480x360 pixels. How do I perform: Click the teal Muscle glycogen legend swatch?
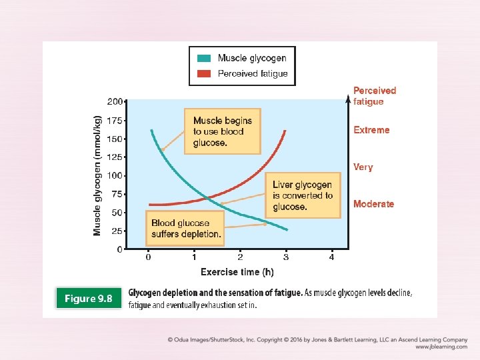click(204, 59)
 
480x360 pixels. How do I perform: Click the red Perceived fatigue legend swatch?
click(204, 73)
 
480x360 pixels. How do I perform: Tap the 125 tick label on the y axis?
click(115, 157)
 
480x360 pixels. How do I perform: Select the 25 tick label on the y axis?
click(117, 231)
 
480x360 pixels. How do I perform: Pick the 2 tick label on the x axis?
click(240, 257)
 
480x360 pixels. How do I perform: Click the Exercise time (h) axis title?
click(237, 272)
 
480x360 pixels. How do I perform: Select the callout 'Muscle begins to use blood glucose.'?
click(222, 131)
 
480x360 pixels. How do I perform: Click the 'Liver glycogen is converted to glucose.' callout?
click(303, 196)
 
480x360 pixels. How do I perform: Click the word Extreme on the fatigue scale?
click(371, 130)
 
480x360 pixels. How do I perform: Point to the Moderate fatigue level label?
click(373, 204)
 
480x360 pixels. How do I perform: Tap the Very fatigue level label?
click(363, 167)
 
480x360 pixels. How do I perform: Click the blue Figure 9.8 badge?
click(89, 299)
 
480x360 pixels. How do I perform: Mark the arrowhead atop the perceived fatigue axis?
click(347, 100)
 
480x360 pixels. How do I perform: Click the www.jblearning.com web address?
click(441, 347)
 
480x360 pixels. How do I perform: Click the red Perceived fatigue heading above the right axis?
click(374, 96)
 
